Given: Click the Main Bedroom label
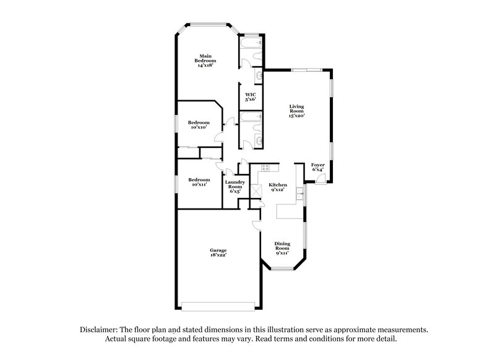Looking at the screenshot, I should click(x=207, y=61).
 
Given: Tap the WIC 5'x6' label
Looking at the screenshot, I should click(x=251, y=96).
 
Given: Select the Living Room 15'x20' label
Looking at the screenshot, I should click(x=296, y=111).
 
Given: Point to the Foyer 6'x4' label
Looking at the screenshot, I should click(x=317, y=167).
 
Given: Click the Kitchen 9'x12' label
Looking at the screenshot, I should click(x=277, y=187).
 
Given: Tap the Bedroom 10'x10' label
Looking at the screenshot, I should click(x=199, y=124).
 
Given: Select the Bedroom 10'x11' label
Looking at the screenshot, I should click(x=199, y=182).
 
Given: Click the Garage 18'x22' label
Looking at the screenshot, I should click(x=217, y=252).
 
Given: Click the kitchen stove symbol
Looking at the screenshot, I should click(x=265, y=168).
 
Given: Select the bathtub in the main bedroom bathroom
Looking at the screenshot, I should click(x=250, y=45).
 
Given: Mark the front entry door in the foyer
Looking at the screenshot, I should click(x=320, y=178).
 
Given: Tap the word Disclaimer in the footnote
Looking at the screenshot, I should click(x=100, y=330).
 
